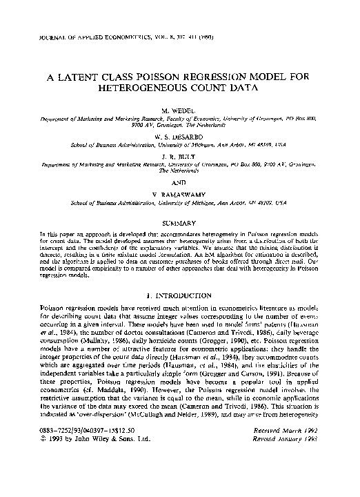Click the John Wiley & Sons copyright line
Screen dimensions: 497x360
pyautogui.click(x=90, y=476)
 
